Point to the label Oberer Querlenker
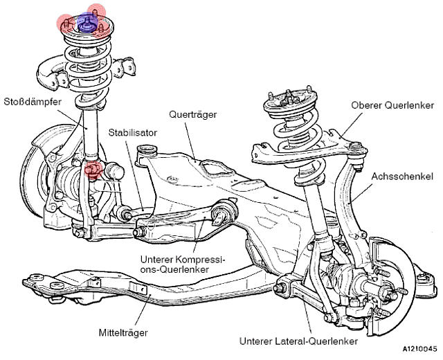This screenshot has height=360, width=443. tap(392, 105)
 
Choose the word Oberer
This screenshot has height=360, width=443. tap(367, 105)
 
